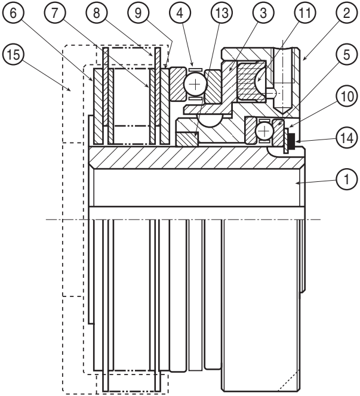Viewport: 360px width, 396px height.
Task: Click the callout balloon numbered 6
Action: click(13, 13)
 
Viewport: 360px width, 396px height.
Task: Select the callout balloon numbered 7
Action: click(54, 13)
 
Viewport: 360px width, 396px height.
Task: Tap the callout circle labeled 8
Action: click(96, 13)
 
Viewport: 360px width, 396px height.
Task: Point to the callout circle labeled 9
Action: click(138, 13)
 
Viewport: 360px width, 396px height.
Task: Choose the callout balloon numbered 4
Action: click(180, 13)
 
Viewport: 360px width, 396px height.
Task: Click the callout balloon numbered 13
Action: click(221, 13)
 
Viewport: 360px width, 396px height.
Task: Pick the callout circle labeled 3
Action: click(263, 13)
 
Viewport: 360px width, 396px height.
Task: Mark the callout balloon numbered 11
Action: click(305, 13)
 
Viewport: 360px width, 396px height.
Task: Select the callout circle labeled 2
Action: click(347, 13)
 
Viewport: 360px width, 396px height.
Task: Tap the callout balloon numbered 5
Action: click(347, 54)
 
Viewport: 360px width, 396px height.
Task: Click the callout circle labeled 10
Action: click(347, 96)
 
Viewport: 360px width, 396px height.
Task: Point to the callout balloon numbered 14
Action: click(347, 138)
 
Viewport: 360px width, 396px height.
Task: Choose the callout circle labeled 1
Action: click(347, 180)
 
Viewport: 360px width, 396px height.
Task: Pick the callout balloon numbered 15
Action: click(13, 54)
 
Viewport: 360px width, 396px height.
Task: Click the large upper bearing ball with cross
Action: click(195, 84)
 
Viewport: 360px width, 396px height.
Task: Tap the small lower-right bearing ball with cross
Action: click(264, 131)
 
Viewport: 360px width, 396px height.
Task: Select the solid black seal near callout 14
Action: click(292, 142)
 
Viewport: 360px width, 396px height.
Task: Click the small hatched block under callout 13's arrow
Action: click(187, 139)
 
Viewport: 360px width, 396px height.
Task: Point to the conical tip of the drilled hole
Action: click(283, 110)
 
